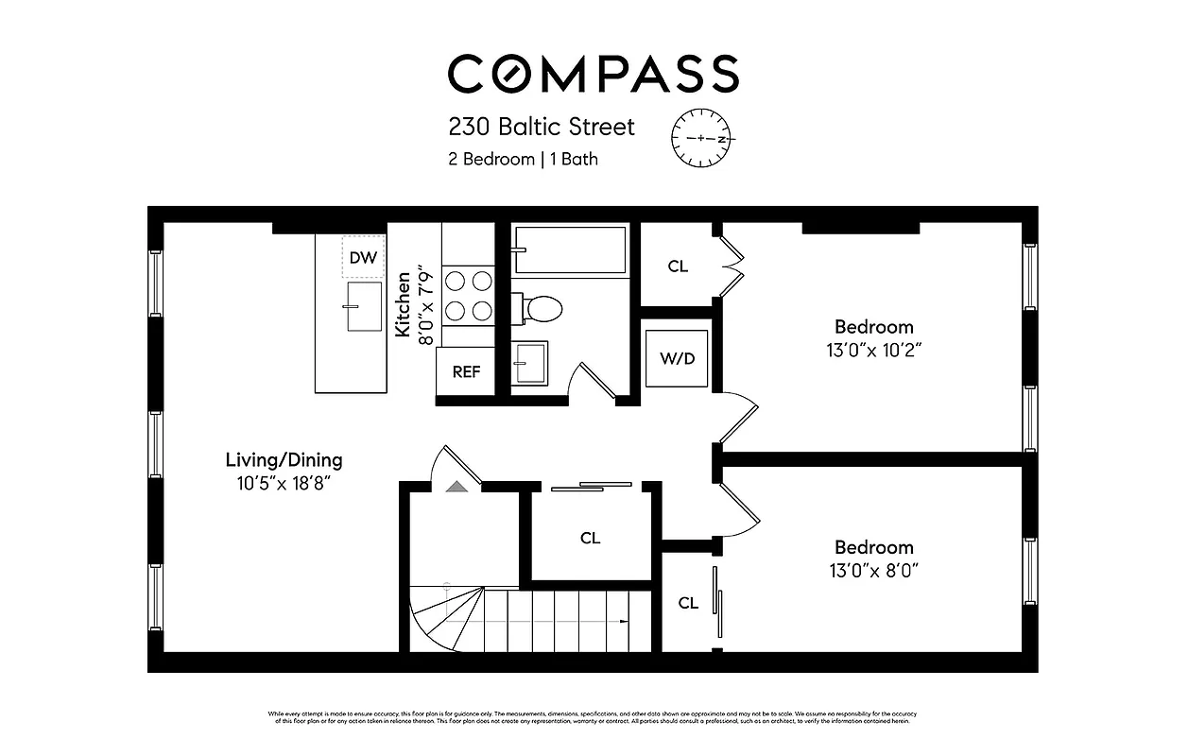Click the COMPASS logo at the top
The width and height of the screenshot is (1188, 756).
coord(593,74)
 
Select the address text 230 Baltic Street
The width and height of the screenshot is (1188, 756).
coord(542,127)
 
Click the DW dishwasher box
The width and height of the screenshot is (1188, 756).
coord(362,257)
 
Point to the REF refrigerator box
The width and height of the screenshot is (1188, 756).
coord(466,371)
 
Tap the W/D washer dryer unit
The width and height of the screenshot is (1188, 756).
coord(677,358)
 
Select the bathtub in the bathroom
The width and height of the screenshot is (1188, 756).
coord(569,249)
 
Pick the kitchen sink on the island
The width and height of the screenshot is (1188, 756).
coord(364,306)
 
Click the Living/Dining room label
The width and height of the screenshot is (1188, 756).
coord(284,461)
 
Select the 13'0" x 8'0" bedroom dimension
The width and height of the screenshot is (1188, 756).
coord(873,570)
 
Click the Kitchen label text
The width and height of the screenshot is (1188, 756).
coord(404,304)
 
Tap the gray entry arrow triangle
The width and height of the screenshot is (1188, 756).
coord(456,486)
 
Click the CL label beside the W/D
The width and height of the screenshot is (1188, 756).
coord(678,266)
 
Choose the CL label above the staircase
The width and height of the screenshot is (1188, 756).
coord(590,539)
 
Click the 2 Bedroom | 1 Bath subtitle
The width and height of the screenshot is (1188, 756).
coord(523,159)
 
